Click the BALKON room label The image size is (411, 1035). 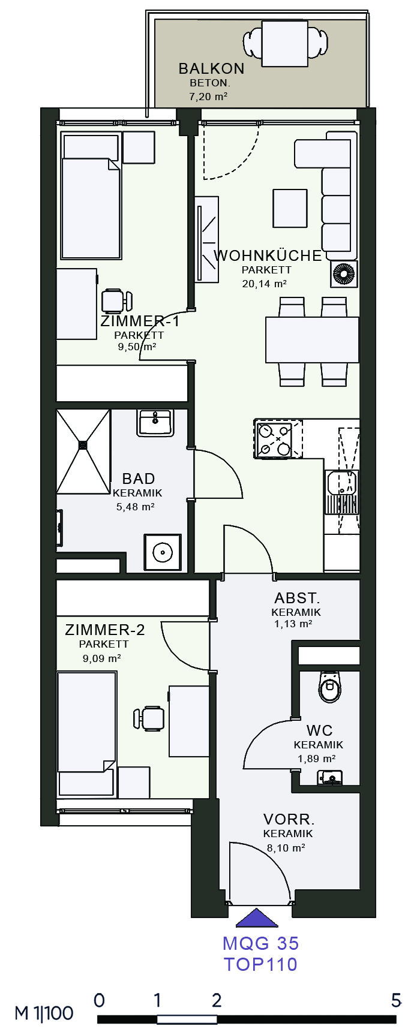[211, 68]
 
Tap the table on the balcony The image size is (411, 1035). [284, 43]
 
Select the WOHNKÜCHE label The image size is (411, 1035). [268, 255]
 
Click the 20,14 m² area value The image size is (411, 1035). [264, 284]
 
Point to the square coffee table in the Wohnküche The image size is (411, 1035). [290, 209]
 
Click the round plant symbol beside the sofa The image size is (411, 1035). [344, 273]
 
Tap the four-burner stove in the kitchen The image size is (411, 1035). [274, 440]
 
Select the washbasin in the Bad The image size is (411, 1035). [155, 423]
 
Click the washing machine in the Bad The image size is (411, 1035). [162, 552]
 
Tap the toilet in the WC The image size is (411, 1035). [329, 687]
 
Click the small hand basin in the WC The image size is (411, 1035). [330, 778]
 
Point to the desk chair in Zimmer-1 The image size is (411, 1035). [116, 300]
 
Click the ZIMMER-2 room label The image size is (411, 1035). [105, 630]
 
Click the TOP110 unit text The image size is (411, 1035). [261, 964]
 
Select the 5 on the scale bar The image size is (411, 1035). [396, 1000]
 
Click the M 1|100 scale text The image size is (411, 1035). [44, 1013]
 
